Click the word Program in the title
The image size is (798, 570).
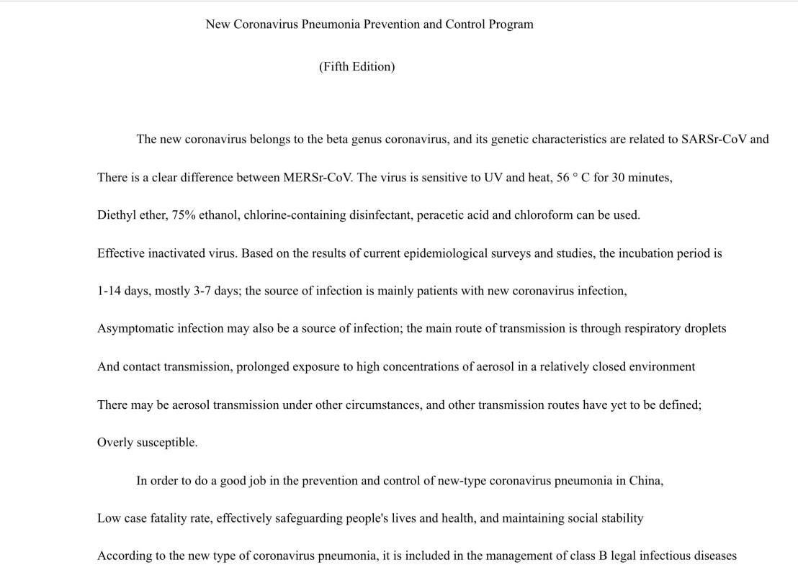coord(511,24)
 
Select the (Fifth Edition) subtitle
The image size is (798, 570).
coord(357,67)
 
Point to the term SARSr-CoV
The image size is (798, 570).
coord(714,140)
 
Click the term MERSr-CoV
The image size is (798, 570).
coord(318,178)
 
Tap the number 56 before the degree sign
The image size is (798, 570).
coord(563,178)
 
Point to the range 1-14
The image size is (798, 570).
coord(109,291)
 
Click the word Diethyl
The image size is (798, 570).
coord(115,215)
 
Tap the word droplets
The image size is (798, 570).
coord(704,329)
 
